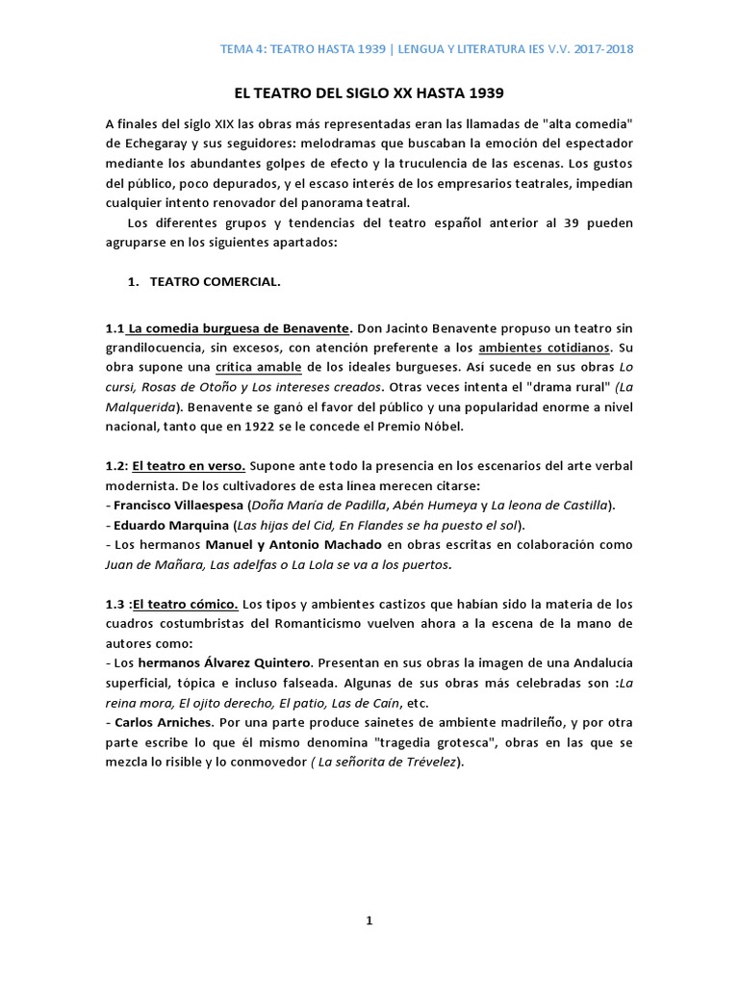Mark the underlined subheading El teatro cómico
(186, 604)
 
